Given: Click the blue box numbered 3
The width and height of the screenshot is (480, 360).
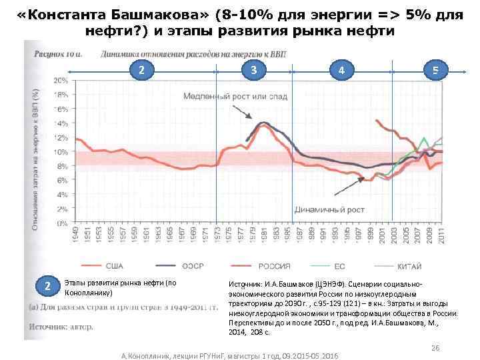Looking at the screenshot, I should (x=253, y=69).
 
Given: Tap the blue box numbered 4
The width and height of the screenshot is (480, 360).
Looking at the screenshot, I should (x=341, y=69).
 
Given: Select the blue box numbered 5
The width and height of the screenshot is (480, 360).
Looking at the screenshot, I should (x=435, y=69).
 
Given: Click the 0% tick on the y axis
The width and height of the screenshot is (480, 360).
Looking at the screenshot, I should (x=61, y=223).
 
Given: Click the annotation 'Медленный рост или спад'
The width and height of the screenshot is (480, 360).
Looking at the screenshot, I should (x=245, y=97).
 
